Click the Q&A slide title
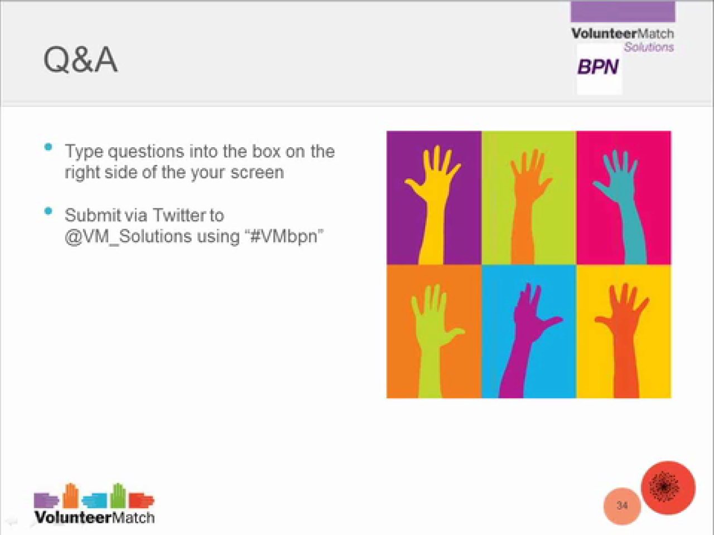81,60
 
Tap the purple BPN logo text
598,67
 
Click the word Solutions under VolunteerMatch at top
649,47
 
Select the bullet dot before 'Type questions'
48,147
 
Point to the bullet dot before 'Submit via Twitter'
48,211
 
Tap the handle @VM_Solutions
128,236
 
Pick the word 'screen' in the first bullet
257,173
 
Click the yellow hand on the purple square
433,204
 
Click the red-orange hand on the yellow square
623,341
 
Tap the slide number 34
622,506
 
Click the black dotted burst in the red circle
664,487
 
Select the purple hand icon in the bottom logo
46,500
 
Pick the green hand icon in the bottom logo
118,495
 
